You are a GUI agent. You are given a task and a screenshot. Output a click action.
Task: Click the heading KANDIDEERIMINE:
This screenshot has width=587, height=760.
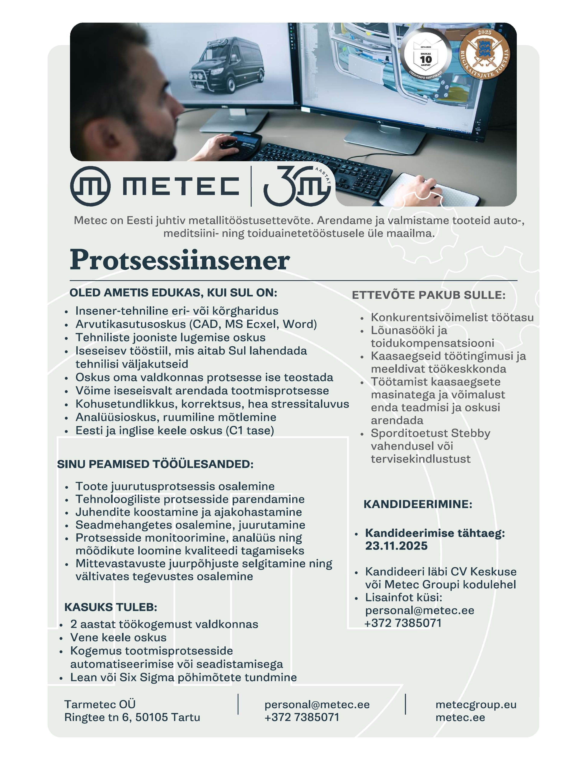418,504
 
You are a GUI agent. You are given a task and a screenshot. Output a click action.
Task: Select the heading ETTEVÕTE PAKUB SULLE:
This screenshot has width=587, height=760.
428,295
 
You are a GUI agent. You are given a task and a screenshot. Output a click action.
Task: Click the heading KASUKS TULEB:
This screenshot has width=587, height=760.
111,607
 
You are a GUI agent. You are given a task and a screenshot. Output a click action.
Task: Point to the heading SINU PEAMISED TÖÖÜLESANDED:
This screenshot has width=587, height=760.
155,464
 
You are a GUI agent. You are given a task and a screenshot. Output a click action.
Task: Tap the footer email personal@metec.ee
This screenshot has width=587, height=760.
317,705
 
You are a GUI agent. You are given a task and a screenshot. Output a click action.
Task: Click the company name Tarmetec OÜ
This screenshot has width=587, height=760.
100,705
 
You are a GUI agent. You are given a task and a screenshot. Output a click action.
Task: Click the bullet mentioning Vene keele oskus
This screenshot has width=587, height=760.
118,638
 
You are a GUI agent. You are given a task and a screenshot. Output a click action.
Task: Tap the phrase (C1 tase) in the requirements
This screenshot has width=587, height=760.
250,431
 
